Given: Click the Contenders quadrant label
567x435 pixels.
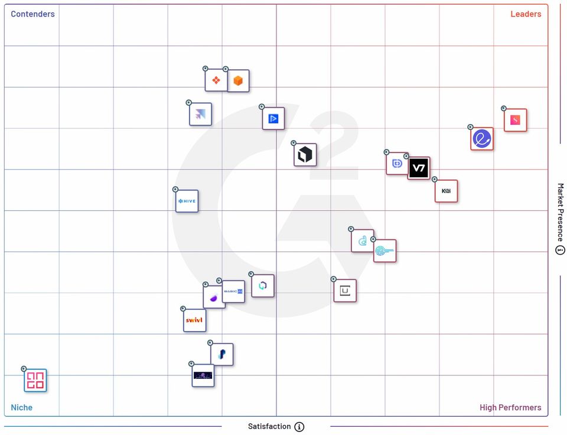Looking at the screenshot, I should click(32, 14).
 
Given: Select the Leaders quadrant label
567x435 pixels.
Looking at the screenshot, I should click(526, 14).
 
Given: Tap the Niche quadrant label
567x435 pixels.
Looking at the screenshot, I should click(22, 407).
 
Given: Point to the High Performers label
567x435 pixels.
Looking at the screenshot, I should click(510, 407).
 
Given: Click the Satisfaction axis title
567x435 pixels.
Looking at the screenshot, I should click(269, 426).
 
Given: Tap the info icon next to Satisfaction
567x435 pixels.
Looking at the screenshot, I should click(299, 427).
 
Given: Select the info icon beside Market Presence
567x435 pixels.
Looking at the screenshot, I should click(561, 250).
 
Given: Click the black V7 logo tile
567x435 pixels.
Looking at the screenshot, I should click(419, 168).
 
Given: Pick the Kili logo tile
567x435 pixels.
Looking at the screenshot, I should click(446, 191).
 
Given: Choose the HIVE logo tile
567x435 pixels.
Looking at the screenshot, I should click(187, 202).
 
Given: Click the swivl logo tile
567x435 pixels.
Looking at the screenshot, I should click(194, 320).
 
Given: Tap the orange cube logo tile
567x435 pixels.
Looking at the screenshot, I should click(238, 81).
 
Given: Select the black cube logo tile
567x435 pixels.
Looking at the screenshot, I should click(305, 155).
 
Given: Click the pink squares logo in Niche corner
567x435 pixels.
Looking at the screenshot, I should click(35, 381).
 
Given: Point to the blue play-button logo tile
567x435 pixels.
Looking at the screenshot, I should click(273, 118).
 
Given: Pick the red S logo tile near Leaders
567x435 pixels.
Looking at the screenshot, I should click(515, 121).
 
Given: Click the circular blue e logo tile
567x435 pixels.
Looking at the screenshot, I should click(482, 139).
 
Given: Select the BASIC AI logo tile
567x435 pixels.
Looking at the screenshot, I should click(233, 291).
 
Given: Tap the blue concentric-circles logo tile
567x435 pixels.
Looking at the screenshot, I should click(384, 251).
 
